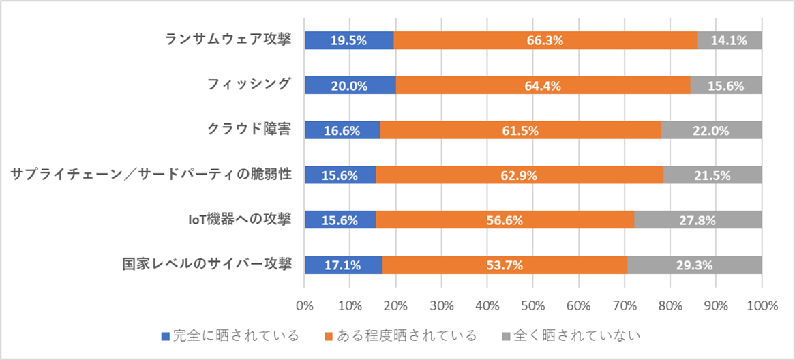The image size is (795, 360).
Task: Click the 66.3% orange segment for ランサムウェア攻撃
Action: (545, 40)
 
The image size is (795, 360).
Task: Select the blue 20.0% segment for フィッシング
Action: (350, 85)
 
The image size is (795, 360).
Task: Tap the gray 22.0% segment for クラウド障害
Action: (711, 130)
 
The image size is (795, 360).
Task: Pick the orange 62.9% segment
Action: (519, 175)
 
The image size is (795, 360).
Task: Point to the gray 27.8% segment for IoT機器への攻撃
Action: (698, 220)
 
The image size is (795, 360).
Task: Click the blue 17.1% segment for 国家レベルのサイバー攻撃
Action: (344, 265)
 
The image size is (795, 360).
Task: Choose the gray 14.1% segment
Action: (729, 40)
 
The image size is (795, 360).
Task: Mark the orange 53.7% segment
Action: (505, 265)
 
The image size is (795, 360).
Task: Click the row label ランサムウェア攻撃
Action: (229, 40)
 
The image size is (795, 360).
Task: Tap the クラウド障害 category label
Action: (250, 130)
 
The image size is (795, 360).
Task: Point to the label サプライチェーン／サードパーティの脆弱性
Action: (152, 175)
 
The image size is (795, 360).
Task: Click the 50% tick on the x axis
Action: (532, 305)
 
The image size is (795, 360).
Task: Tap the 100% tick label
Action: (762, 305)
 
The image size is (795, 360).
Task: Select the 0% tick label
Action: (304, 305)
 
